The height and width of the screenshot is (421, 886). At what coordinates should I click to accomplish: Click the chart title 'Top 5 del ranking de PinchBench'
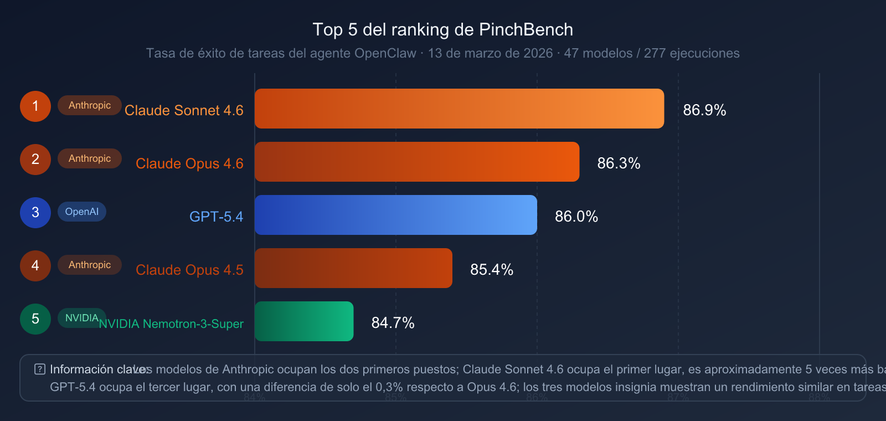click(x=442, y=29)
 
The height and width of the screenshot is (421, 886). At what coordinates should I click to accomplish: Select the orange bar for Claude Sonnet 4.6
click(x=459, y=109)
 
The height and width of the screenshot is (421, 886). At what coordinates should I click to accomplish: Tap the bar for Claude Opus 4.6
click(x=416, y=162)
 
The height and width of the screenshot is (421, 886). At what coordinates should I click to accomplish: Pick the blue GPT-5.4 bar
click(x=395, y=215)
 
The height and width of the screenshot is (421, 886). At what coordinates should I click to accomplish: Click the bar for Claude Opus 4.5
click(x=353, y=268)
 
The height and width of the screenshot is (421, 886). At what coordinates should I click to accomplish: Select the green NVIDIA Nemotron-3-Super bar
click(x=303, y=321)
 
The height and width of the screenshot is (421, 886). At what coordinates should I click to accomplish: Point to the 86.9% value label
click(x=704, y=110)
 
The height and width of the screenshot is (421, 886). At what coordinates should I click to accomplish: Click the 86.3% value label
click(x=619, y=163)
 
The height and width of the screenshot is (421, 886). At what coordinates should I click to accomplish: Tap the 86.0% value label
click(x=576, y=216)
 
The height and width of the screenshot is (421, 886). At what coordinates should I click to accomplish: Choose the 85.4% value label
click(x=492, y=269)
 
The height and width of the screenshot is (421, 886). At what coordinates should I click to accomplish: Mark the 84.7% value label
click(x=393, y=322)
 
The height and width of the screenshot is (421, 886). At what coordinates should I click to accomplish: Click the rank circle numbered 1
click(x=35, y=106)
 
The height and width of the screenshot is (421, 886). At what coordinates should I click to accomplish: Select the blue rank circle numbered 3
click(x=35, y=213)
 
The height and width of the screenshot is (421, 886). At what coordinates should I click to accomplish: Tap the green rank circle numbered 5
click(x=35, y=319)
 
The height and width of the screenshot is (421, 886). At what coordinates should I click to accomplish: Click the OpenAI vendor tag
click(x=82, y=212)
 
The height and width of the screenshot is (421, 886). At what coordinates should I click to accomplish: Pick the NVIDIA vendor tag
click(x=81, y=318)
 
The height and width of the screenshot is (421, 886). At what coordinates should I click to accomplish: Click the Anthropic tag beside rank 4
click(x=90, y=265)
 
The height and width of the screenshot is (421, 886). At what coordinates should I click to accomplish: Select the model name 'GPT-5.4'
click(x=216, y=217)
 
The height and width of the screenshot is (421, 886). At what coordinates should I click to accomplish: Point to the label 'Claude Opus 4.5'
click(x=189, y=270)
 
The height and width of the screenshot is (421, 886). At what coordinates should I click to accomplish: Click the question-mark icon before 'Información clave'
click(x=40, y=369)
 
